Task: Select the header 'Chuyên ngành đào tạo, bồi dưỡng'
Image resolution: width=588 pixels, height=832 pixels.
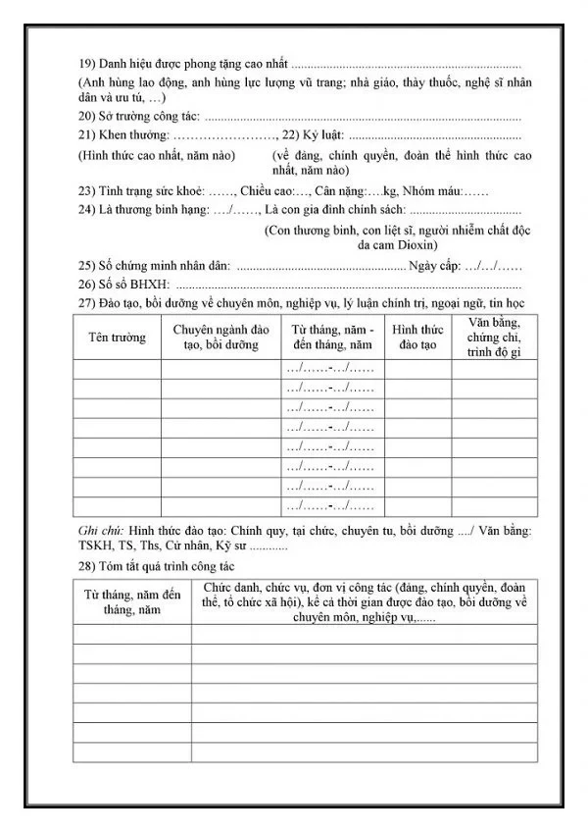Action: click(x=220, y=337)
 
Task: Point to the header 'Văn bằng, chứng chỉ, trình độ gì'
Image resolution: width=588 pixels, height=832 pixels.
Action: click(x=494, y=337)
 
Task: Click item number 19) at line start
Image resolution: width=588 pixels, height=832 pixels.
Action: click(x=86, y=64)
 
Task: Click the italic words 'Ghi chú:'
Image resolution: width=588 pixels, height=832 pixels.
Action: click(x=101, y=531)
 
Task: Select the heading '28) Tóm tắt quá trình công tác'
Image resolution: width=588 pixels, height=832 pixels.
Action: click(x=156, y=567)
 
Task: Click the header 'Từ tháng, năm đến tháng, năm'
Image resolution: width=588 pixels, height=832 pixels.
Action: click(x=132, y=601)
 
